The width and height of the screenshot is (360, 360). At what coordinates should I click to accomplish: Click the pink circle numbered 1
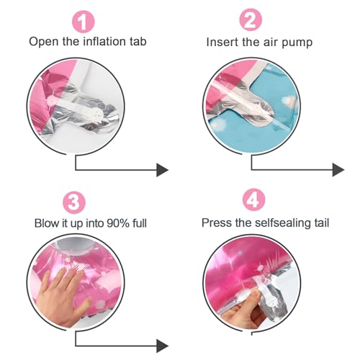coord(84,22)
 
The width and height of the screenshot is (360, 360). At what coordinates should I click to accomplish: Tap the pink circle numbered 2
coord(251,20)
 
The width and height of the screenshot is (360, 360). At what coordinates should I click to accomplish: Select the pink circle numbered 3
coord(74,202)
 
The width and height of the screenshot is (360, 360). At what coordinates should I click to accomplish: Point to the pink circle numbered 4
coord(253,199)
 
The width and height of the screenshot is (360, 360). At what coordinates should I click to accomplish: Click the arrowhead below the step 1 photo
coord(162,170)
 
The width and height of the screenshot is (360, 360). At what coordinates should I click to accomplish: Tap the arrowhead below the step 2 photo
coord(338,170)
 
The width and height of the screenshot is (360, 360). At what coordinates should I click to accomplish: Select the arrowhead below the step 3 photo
coord(162,346)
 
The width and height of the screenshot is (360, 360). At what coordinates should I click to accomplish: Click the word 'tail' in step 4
coord(322,222)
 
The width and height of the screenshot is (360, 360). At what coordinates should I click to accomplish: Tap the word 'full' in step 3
coord(140,223)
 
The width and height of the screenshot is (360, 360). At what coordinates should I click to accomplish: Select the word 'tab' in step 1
coord(138,41)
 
